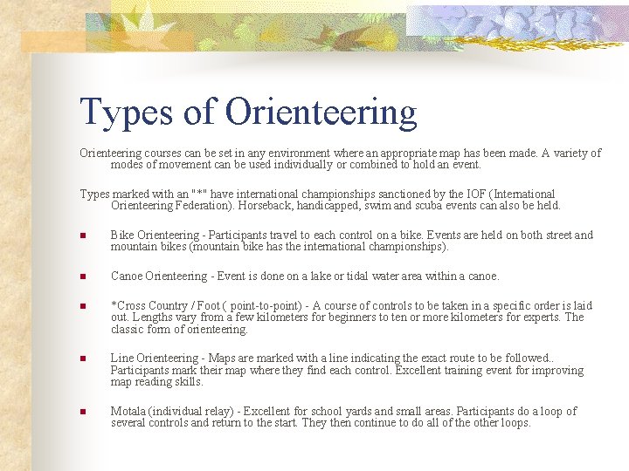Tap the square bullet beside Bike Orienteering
point(83,235)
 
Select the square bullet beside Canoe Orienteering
point(83,276)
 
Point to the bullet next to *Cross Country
point(83,306)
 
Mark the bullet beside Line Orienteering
point(83,359)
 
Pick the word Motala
point(130,412)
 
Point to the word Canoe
point(128,276)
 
